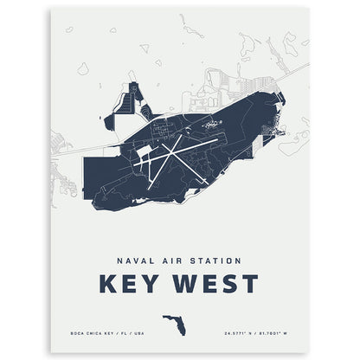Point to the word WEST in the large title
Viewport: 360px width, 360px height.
point(215,284)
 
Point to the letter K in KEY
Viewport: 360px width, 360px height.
point(110,284)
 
